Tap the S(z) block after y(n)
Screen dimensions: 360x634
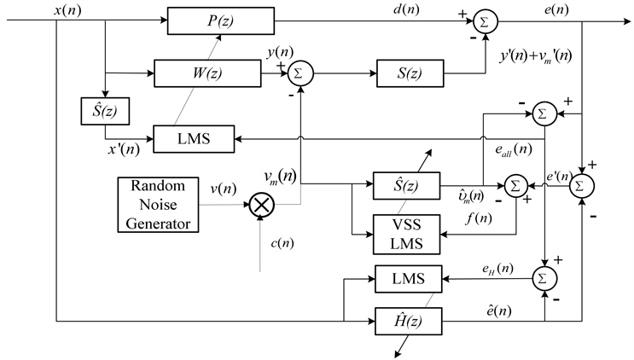click(x=410, y=73)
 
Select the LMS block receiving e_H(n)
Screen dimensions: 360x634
click(x=405, y=278)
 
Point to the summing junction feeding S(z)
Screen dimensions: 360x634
click(x=300, y=73)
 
